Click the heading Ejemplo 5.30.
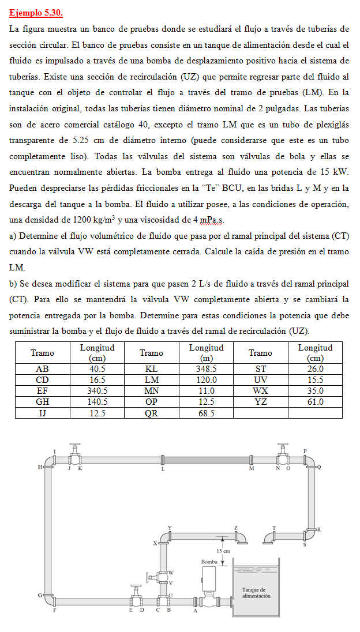pos(36,13)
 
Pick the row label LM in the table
pos(151,380)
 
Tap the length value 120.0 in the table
pos(206,380)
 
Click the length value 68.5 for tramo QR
pos(206,413)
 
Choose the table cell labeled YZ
pos(260,402)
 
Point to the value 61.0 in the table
pos(315,402)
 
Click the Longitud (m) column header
pos(206,353)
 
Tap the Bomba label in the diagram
pos(209,561)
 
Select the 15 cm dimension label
pos(223,551)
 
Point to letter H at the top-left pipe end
pos(39,467)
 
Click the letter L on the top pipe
pos(163,469)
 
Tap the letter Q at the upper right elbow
pos(318,467)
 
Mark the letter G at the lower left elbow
pos(39,595)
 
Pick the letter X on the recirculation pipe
pos(155,543)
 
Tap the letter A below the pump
pos(194,610)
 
